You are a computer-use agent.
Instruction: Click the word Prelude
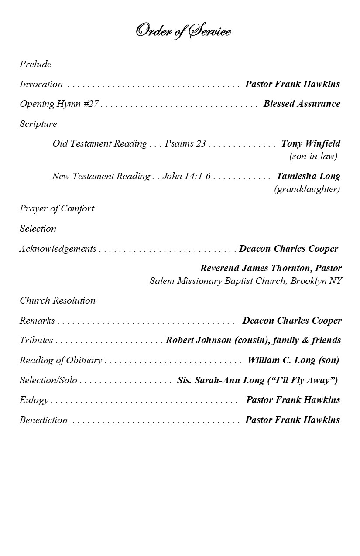tap(35, 64)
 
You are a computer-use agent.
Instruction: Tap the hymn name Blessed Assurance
tap(302, 104)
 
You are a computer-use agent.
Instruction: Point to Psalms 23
tap(185, 143)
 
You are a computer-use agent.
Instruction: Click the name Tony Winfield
tap(311, 143)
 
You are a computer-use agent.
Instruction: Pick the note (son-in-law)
tap(313, 156)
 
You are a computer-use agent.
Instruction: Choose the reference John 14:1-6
tap(186, 176)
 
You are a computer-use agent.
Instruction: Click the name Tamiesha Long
tap(308, 176)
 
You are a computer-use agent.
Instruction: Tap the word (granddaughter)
tap(307, 189)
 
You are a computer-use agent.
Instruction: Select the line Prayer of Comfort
tap(57, 208)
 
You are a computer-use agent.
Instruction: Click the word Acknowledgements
tap(58, 249)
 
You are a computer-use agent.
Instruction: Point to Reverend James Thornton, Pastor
tap(271, 268)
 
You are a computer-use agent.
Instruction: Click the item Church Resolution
tap(57, 300)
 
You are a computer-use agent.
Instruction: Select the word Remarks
tap(37, 321)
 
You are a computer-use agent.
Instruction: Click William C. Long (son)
tap(293, 360)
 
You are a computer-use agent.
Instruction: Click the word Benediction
tap(43, 420)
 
